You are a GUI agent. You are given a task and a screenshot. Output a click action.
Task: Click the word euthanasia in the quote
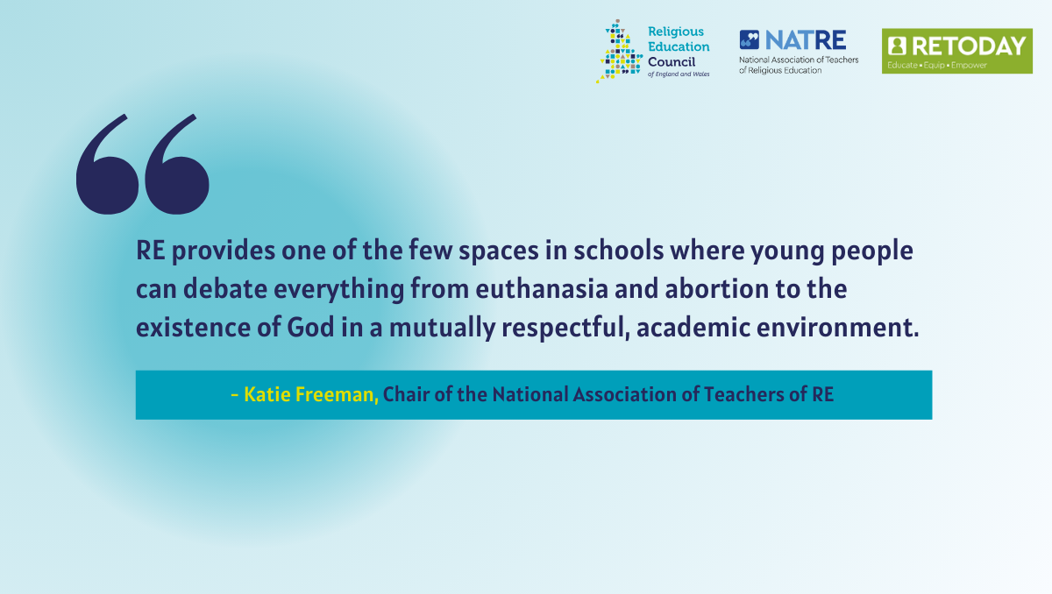[542, 288]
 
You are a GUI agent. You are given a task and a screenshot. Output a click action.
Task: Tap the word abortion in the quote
[717, 288]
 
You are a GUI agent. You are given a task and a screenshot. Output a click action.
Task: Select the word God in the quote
[310, 327]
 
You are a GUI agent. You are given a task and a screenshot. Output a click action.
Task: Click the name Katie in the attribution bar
[267, 394]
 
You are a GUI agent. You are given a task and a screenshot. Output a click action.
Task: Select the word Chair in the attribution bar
[406, 394]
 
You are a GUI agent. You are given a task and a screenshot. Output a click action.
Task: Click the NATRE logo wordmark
[806, 40]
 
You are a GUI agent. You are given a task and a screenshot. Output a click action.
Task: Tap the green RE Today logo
[956, 51]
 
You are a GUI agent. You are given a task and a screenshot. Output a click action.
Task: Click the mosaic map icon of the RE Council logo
[620, 51]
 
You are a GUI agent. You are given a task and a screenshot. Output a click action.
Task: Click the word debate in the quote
[225, 288]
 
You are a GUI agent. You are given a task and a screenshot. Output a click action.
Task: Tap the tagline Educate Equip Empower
[937, 65]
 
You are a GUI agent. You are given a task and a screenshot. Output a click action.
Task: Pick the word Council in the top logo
[672, 62]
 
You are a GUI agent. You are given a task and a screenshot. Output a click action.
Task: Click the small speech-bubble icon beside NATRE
[749, 40]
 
